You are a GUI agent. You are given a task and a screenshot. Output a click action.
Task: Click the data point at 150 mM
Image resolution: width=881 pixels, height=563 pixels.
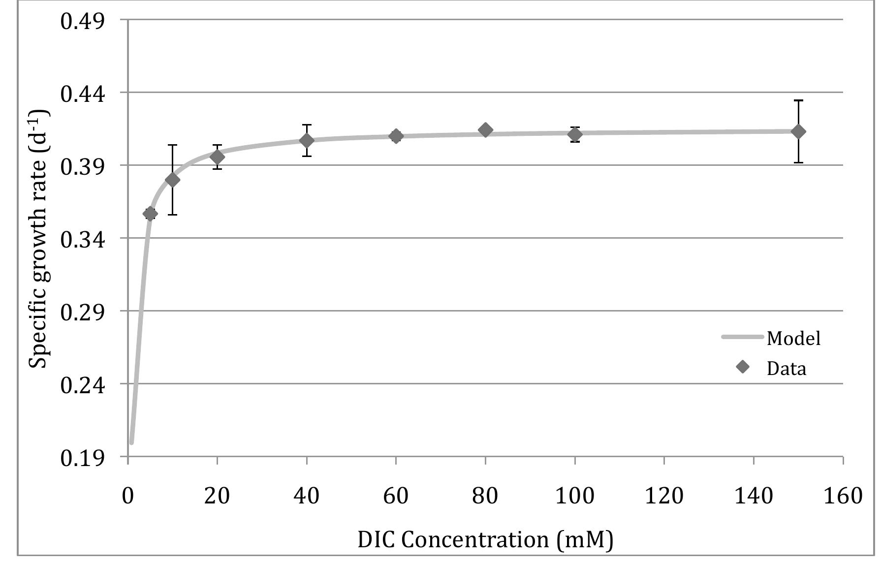tap(798, 131)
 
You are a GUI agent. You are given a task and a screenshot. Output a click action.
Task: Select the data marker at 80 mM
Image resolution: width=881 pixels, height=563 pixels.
tap(485, 130)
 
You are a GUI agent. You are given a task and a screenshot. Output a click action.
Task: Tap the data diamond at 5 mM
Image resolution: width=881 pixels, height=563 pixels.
tap(150, 214)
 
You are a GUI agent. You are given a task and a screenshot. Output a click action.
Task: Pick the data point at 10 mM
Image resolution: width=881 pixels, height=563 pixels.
tap(172, 180)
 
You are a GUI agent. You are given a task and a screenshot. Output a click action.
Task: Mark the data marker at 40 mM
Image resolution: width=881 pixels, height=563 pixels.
tap(307, 141)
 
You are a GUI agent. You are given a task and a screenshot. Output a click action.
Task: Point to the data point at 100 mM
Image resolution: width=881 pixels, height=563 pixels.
tap(575, 134)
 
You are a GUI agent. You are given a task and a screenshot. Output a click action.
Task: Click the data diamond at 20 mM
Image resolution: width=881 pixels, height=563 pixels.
tap(217, 157)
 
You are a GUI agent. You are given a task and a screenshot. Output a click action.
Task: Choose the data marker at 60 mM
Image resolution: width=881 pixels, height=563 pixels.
tap(396, 136)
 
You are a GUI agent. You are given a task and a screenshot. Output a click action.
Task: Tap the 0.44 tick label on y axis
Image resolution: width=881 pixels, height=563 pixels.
tap(83, 93)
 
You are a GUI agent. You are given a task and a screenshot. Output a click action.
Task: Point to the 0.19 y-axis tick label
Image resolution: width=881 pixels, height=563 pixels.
tap(83, 458)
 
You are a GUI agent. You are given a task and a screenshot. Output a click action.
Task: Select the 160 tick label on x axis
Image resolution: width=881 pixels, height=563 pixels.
tap(843, 496)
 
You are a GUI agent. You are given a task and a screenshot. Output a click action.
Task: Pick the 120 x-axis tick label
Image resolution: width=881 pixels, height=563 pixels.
tap(664, 496)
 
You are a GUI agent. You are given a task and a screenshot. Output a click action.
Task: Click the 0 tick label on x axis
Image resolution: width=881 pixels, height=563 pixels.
tap(127, 496)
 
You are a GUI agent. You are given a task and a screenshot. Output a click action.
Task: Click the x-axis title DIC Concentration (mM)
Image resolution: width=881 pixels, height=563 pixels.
tap(485, 540)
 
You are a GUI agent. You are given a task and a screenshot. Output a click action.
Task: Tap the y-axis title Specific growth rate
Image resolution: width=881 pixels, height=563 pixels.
tap(38, 239)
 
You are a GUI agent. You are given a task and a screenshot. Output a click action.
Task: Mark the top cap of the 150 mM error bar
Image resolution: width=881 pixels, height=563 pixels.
tap(798, 100)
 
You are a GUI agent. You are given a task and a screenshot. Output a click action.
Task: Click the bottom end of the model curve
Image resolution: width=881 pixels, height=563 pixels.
tap(131, 442)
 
